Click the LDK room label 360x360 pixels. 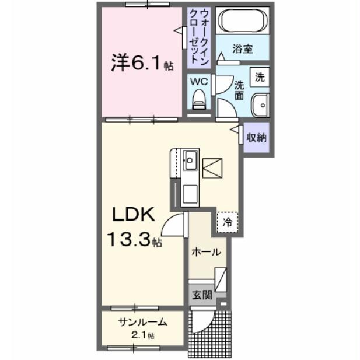[x=134, y=215]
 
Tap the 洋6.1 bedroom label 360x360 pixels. [x=138, y=63]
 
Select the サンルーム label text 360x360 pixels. [x=142, y=322]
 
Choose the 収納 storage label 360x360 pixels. [x=256, y=138]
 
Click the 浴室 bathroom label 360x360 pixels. [x=243, y=49]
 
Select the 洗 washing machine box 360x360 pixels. [x=260, y=76]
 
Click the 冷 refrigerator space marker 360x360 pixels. [x=228, y=221]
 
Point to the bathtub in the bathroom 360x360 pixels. [x=243, y=23]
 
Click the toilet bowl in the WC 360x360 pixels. [x=199, y=99]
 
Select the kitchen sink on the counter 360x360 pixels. [x=190, y=158]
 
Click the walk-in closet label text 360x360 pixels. [x=198, y=37]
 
